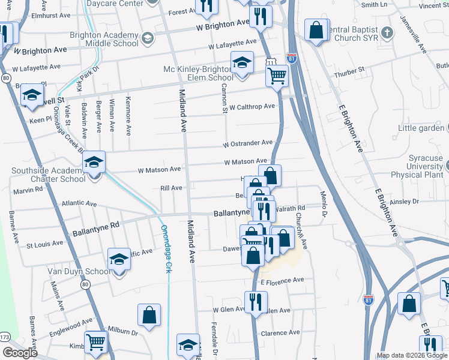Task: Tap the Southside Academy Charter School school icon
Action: pos(94,163)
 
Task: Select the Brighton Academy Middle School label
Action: pos(104,40)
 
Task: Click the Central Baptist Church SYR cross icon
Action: pos(387,31)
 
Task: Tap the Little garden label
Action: pos(420,128)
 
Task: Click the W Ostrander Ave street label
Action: pos(247,144)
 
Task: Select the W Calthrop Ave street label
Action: pos(252,107)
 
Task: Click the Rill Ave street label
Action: pos(171,188)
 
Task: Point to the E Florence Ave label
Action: pos(282,280)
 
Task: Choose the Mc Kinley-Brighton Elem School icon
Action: pos(242,62)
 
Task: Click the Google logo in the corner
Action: pos(19,353)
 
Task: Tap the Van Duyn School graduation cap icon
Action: pos(119,259)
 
